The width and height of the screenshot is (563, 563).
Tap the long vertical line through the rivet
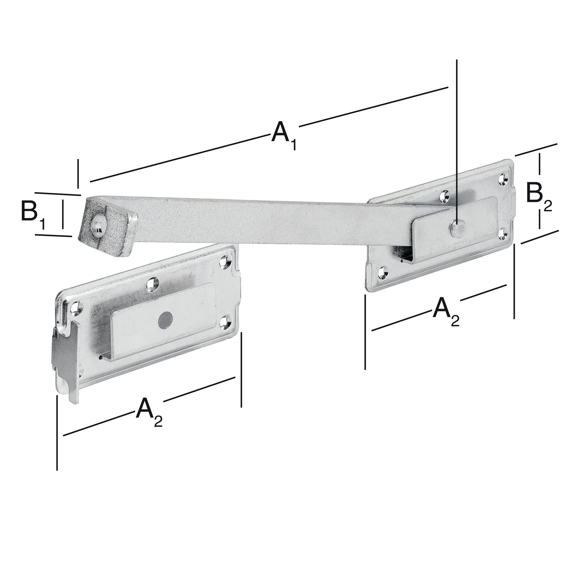coord(457,117)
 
